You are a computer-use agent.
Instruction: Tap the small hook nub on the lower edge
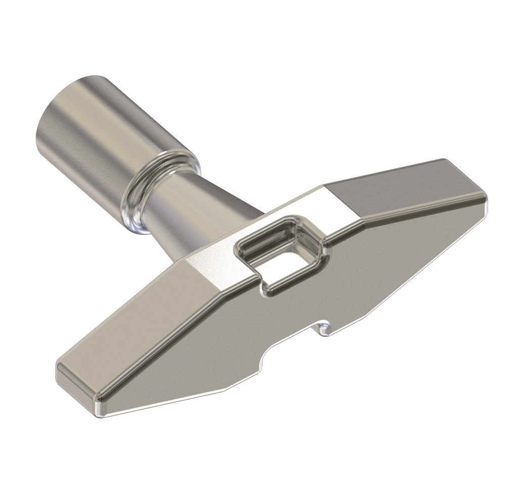324,328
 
